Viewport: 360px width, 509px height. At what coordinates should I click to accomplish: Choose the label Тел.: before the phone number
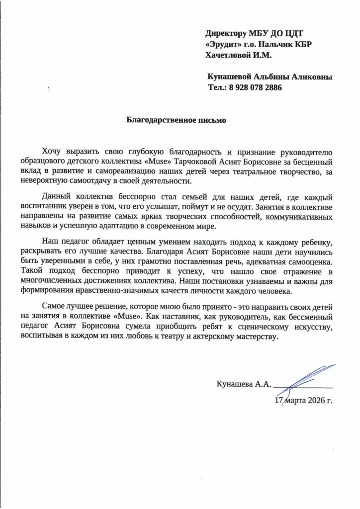217,87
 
